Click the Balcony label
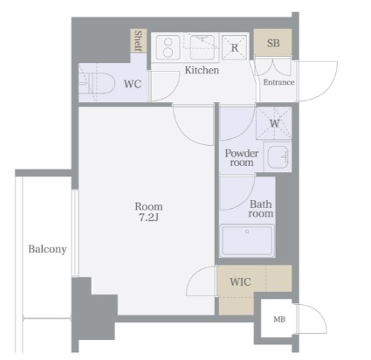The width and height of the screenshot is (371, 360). point(47,249)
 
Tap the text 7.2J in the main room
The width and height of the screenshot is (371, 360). point(148,218)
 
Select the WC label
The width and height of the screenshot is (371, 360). point(133,84)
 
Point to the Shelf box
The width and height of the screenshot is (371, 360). point(138,41)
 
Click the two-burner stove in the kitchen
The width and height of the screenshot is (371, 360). point(168,47)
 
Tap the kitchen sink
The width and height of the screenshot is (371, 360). point(203,47)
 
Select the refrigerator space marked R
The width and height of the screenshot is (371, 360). point(235,47)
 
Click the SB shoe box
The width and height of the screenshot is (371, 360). point(272,43)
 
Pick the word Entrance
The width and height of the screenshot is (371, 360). point(278,82)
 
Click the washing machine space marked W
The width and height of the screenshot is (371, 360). point(274,123)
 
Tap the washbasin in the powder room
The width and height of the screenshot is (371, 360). point(278,156)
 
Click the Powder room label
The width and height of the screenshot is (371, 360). point(242,158)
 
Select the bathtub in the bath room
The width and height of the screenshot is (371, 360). point(247,240)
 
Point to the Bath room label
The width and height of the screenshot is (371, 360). point(261,209)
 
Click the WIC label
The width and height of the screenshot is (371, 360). point(240,281)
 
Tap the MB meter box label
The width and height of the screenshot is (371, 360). point(279,320)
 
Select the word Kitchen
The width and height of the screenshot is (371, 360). point(202,70)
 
